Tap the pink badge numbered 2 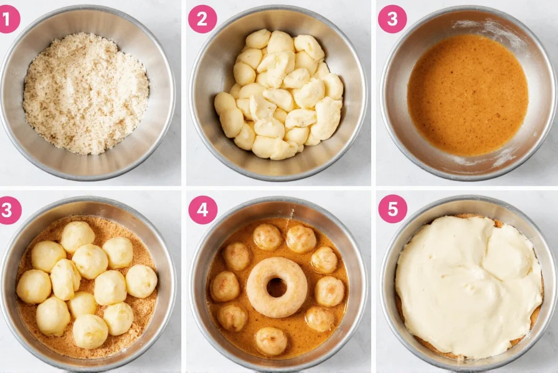[x=202, y=19]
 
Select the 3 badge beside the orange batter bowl [x=392, y=19]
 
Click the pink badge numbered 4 [x=203, y=210]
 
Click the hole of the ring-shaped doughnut [x=277, y=287]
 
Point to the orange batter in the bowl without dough [x=467, y=93]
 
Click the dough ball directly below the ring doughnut [x=272, y=340]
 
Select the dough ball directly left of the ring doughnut [x=225, y=286]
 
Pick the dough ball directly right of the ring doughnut [x=329, y=290]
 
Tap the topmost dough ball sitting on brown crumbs [x=78, y=236]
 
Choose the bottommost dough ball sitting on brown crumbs [x=90, y=331]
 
